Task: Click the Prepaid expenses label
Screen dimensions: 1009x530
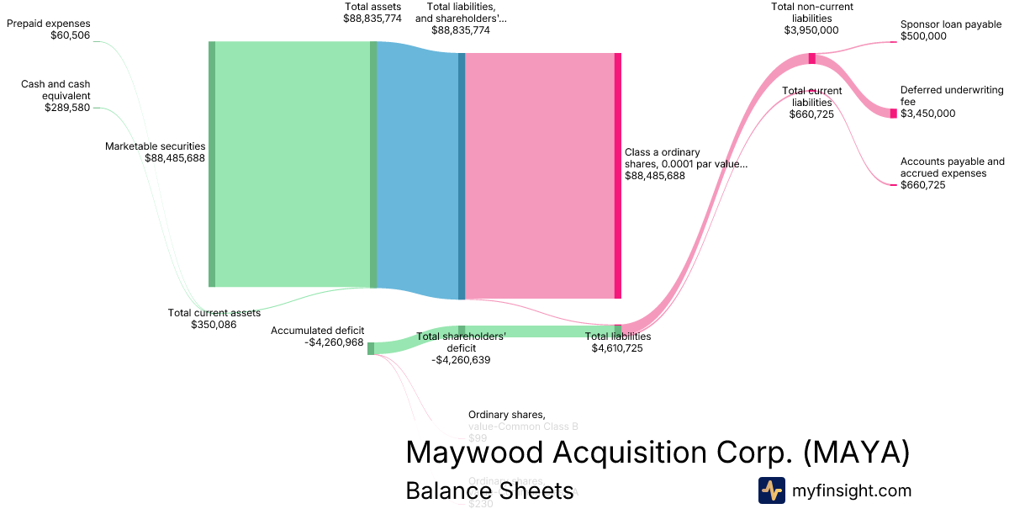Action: coord(49,24)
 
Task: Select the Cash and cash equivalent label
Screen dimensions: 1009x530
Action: coord(55,89)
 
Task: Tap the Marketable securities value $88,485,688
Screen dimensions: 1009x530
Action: coord(175,157)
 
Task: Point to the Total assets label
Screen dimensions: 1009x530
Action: coord(372,7)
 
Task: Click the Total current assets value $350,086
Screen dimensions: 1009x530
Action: coord(214,324)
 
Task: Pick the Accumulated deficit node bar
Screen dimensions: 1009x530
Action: coord(371,348)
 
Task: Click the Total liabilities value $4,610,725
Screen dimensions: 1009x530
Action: coord(617,347)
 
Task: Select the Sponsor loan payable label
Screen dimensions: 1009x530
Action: coord(951,24)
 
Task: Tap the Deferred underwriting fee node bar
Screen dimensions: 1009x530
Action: coord(894,113)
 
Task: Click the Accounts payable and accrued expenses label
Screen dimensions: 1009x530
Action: coord(952,167)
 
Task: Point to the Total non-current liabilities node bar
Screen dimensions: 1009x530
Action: coord(811,58)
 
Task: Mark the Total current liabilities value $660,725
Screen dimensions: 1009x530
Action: coord(811,114)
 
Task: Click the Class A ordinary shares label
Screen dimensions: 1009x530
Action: coord(685,158)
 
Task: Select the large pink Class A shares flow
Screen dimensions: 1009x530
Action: coord(538,175)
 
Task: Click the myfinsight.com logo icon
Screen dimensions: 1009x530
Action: coord(771,490)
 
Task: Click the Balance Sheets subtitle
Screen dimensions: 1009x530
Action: coord(489,490)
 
